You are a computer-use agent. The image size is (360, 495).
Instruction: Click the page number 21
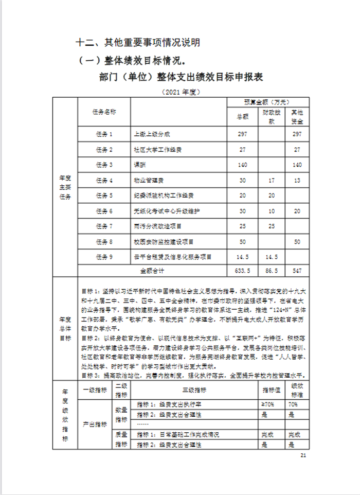point(303,455)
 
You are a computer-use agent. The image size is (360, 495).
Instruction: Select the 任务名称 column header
point(104,112)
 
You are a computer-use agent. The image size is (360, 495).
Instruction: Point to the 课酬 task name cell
point(139,165)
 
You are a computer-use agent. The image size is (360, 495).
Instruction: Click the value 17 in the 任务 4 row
point(272,180)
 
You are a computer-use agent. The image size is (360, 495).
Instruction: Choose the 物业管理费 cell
point(146,180)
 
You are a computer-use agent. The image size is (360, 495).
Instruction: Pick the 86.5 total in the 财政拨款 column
point(272,270)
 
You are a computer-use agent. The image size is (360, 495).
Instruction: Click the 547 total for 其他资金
point(296,270)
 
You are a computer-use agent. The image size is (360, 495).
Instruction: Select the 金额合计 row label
point(152,270)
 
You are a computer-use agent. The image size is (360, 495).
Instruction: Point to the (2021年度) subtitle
point(180,92)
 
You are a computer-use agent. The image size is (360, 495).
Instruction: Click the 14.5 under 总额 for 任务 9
point(243,256)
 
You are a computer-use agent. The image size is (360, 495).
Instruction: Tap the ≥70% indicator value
point(268,404)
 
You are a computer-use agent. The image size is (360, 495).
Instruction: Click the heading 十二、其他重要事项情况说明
point(137,43)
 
